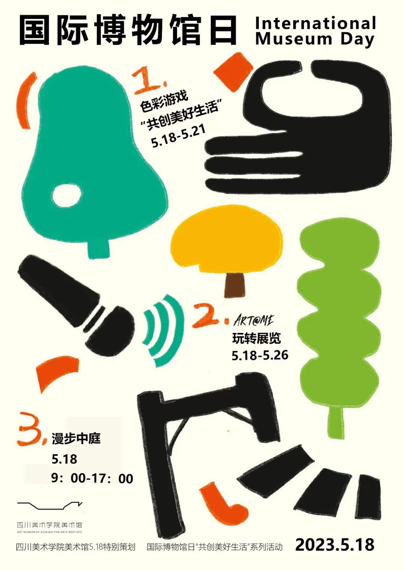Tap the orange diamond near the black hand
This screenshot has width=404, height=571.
[x=233, y=72]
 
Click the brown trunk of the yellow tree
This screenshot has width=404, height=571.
[x=235, y=285]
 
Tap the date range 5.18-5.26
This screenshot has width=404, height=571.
[x=260, y=355]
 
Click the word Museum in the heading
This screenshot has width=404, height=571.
[x=294, y=39]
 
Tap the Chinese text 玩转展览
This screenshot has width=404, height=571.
[x=256, y=338]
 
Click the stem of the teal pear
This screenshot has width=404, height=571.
[x=99, y=248]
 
